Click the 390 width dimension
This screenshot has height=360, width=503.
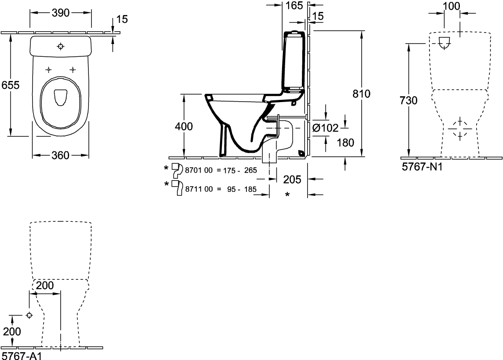click(x=61, y=13)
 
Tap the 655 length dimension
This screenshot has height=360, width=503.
click(x=10, y=85)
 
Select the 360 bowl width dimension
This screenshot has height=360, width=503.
click(x=61, y=155)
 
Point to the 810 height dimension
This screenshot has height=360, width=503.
click(x=361, y=94)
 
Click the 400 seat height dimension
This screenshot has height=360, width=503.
click(x=184, y=126)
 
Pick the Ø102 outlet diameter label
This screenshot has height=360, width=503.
click(x=326, y=128)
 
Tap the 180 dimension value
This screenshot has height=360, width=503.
click(x=345, y=143)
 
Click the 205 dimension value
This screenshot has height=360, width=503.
click(x=292, y=180)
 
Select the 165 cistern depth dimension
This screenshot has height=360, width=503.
click(x=294, y=5)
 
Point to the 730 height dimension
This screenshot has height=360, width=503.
click(x=409, y=101)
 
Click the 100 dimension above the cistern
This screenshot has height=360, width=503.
click(x=452, y=6)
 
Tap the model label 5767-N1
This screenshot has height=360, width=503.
click(x=422, y=167)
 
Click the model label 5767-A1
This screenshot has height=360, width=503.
click(x=22, y=356)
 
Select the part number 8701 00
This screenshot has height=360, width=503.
click(x=199, y=170)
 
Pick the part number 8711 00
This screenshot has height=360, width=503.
click(x=199, y=189)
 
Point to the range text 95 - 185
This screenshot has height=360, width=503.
click(x=242, y=189)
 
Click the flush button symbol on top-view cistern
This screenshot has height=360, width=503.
click(x=61, y=47)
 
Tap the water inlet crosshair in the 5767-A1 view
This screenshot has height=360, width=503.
click(x=29, y=316)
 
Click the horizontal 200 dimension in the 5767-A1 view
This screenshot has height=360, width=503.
click(x=45, y=285)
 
